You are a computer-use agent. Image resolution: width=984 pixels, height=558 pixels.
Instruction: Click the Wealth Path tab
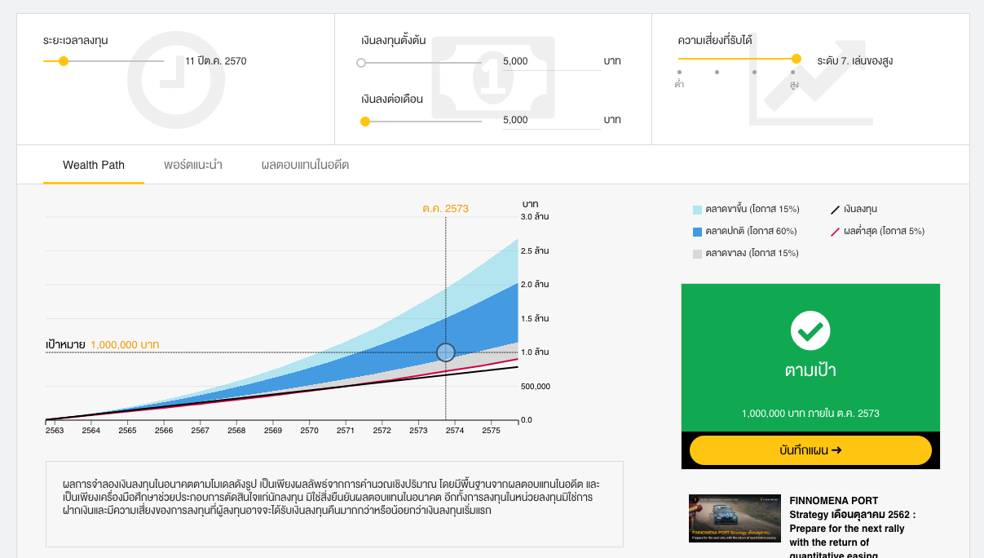94,165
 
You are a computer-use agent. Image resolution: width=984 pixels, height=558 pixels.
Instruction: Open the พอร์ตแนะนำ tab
193,165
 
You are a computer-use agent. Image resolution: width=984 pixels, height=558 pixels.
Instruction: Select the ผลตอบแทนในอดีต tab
305,165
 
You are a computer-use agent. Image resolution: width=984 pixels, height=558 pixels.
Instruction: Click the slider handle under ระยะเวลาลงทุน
64,61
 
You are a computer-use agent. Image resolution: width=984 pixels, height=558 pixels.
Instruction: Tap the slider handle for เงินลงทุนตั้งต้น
361,62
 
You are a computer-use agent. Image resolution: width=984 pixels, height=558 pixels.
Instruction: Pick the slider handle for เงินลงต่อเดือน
365,122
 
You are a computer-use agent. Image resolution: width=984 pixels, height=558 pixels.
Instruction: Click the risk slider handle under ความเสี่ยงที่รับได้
796,59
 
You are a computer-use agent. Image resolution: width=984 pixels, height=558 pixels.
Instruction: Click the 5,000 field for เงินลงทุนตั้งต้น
550,61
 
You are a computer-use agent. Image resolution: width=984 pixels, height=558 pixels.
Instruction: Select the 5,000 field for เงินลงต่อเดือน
550,120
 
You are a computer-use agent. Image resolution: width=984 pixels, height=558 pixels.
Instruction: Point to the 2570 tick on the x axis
309,430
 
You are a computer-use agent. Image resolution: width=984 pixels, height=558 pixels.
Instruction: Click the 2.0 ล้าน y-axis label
535,285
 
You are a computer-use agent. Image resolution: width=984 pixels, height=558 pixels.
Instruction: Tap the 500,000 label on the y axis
536,387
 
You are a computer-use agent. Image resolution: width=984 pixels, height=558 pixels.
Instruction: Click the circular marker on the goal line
445,352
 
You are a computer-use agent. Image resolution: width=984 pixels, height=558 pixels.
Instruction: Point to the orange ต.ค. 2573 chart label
445,209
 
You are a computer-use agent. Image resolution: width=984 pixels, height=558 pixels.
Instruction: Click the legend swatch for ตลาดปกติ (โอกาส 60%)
697,232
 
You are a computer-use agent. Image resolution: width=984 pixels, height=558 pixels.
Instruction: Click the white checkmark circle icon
810,331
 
